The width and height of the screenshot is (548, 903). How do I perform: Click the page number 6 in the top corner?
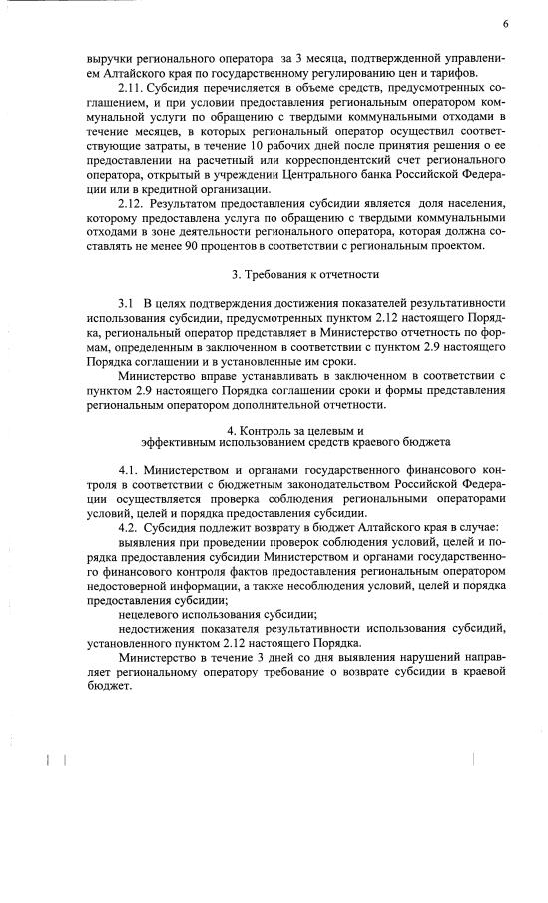pos(505,23)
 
